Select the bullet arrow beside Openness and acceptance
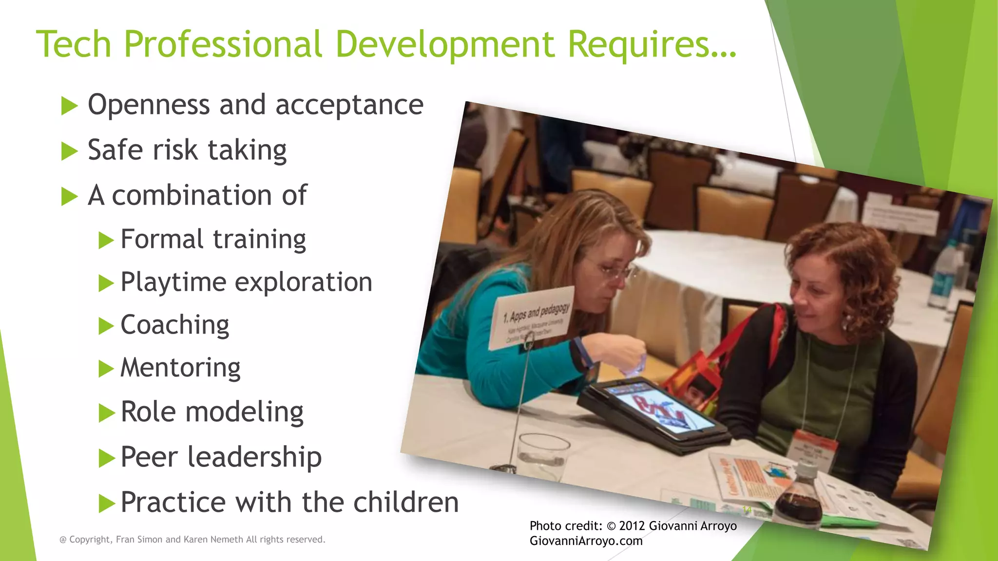click(69, 106)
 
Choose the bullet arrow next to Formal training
click(106, 240)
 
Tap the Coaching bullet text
click(174, 325)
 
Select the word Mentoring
click(180, 368)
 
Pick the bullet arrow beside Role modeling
click(106, 413)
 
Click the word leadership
click(254, 457)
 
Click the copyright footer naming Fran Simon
click(192, 540)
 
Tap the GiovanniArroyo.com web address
click(586, 541)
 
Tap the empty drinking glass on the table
click(542, 455)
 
